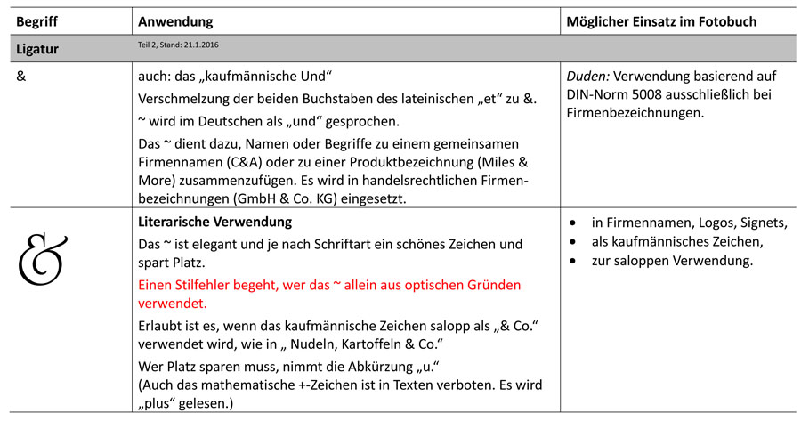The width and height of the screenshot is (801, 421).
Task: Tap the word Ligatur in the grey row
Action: tap(38, 49)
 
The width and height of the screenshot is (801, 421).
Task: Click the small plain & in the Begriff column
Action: tap(22, 76)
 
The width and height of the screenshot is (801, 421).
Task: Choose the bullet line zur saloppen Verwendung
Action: tap(673, 261)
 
